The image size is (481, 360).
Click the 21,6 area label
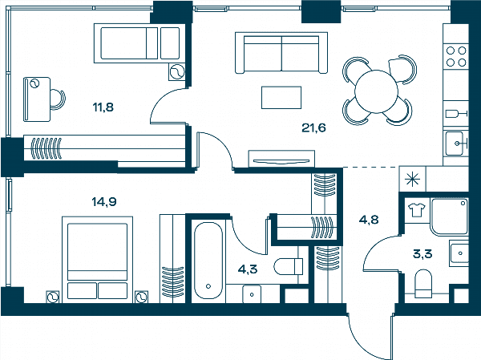pos(313,127)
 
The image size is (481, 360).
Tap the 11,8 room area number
pos(103,107)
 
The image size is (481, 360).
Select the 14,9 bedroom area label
pos(104,202)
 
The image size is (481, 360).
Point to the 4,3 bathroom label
pos(248,269)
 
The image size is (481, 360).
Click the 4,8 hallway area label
pos(369,220)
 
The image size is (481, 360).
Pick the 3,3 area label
pos(422,254)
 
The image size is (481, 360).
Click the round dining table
pos(376,91)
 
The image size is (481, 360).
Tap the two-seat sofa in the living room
pos(281,53)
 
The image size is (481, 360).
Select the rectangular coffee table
pos(281,98)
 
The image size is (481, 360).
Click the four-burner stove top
pos(456,56)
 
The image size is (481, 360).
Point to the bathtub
pos(208,261)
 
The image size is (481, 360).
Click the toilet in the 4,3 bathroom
pos(289,266)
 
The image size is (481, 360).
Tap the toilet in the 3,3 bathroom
pos(423,284)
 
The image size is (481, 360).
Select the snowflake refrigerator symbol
pos(412,180)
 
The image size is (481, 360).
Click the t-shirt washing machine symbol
pos(417,210)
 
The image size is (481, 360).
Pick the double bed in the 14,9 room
pos(98,260)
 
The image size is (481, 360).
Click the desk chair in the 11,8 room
pos(58,99)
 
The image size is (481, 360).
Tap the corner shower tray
pos(450,216)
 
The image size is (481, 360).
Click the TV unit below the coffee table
pos(281,159)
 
